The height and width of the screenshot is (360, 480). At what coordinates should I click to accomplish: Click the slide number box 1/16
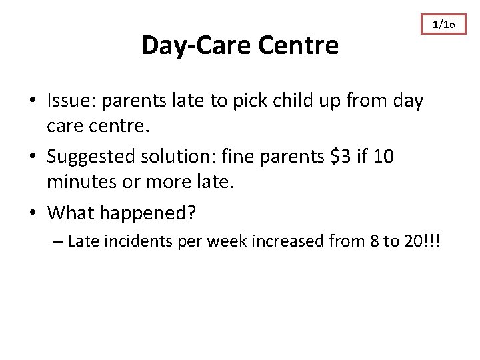[444, 25]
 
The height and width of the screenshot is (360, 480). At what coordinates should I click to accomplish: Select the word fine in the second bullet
[251, 157]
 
